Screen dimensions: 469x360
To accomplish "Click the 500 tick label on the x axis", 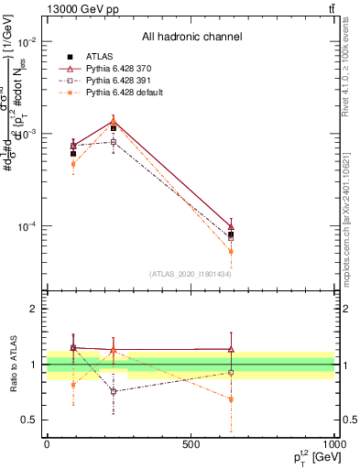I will point(191,444).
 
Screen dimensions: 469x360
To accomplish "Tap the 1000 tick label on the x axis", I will point(333,444).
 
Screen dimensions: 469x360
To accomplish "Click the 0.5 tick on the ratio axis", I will point(29,420).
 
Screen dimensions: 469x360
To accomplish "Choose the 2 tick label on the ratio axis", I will point(33,310).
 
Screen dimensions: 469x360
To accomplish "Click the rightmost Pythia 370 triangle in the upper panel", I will point(231,226).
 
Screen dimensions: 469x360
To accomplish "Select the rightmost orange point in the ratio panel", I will point(231,399).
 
